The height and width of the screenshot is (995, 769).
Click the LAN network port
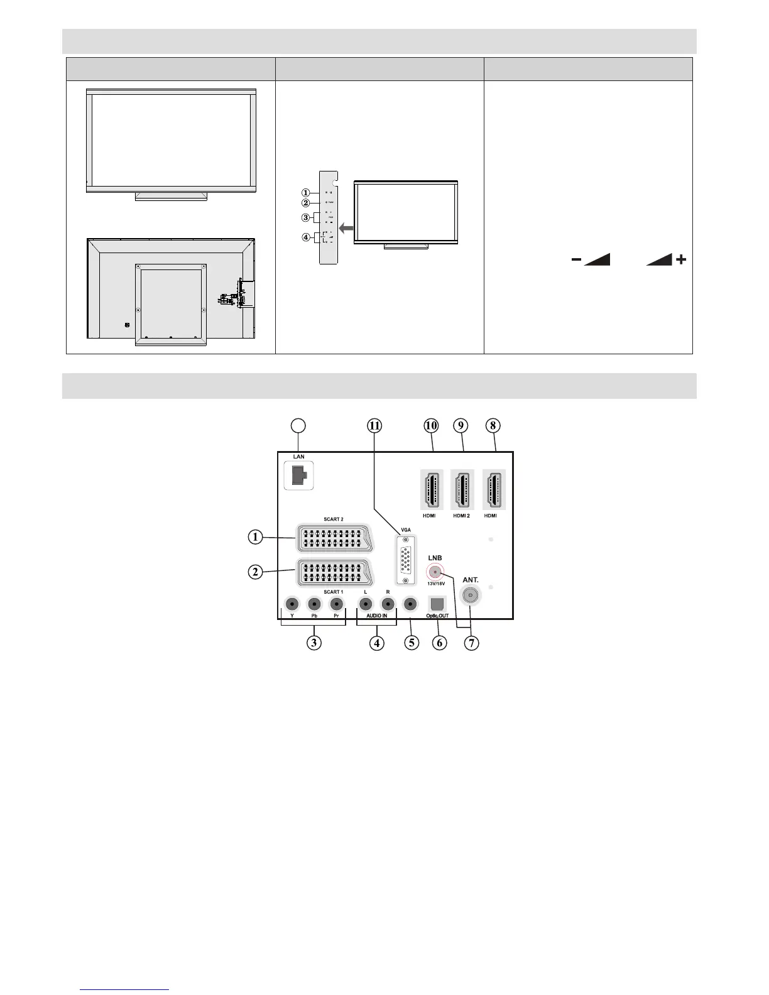(x=299, y=476)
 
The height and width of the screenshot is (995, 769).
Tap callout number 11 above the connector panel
(x=374, y=425)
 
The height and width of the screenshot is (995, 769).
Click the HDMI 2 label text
(x=461, y=516)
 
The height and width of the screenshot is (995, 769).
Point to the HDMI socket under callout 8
(x=494, y=489)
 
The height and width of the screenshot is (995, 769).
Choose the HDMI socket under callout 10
(x=431, y=489)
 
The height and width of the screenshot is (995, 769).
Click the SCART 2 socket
(x=333, y=538)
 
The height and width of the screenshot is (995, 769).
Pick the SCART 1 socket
(x=333, y=572)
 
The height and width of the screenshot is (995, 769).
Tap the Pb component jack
(x=314, y=604)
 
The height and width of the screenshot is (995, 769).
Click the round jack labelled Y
(x=292, y=604)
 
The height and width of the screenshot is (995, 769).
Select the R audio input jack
(x=388, y=604)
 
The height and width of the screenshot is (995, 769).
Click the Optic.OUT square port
(x=437, y=604)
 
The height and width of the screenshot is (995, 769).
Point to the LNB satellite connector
(x=435, y=572)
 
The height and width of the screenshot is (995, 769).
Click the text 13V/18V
(x=435, y=584)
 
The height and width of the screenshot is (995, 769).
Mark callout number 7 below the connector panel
(x=471, y=643)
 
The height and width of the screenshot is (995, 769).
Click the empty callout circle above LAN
(x=300, y=425)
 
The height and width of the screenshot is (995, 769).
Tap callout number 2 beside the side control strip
(x=305, y=203)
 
